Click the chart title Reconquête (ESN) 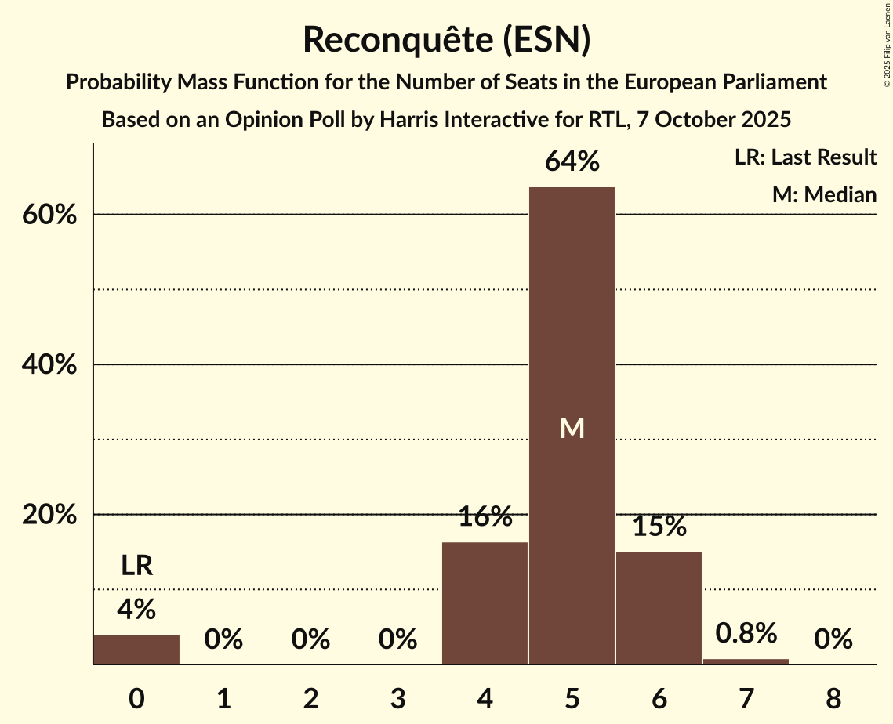click(446, 40)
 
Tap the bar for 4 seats click(485, 603)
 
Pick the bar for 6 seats click(659, 608)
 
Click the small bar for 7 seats click(746, 661)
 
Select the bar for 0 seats click(136, 650)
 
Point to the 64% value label click(572, 162)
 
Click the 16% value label click(485, 517)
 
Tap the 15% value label click(659, 527)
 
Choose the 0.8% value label click(746, 633)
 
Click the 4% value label click(136, 609)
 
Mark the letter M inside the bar click(572, 428)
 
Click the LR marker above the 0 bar click(136, 565)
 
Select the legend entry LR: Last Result click(805, 157)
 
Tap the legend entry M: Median click(824, 194)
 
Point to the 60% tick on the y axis click(49, 215)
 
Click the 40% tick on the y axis click(49, 365)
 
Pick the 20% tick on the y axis click(49, 515)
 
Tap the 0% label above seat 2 click(310, 640)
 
